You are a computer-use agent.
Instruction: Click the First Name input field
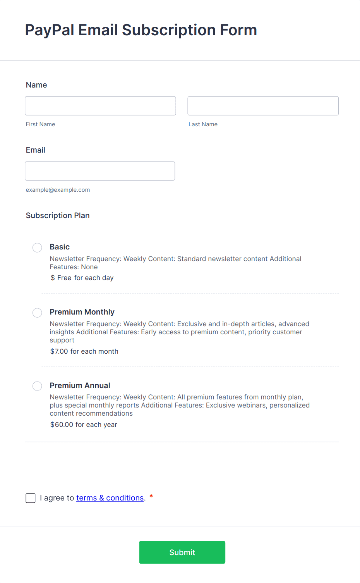tap(100, 106)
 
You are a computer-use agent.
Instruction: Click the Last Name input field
tap(263, 106)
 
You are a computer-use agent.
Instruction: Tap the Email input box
tap(100, 171)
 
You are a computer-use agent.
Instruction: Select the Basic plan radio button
tap(37, 248)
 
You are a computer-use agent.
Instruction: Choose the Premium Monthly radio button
tap(37, 313)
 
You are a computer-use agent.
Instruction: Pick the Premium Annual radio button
tap(37, 386)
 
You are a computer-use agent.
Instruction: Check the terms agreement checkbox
tap(31, 498)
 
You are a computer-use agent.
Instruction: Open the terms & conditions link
tap(110, 498)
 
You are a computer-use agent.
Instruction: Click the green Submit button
tap(182, 552)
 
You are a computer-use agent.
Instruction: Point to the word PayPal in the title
tap(50, 30)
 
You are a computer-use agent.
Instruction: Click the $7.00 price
tap(59, 351)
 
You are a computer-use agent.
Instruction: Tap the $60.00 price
tap(62, 425)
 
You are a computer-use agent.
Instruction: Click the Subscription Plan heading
tap(58, 215)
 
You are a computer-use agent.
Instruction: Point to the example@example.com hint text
tap(58, 190)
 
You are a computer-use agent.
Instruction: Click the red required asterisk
tap(151, 496)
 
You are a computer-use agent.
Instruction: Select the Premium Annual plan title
tap(80, 385)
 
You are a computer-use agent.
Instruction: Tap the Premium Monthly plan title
tap(82, 312)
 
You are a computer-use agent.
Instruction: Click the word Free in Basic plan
tap(64, 278)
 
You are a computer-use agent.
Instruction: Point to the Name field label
tap(36, 85)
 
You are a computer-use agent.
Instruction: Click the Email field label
tap(36, 150)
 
